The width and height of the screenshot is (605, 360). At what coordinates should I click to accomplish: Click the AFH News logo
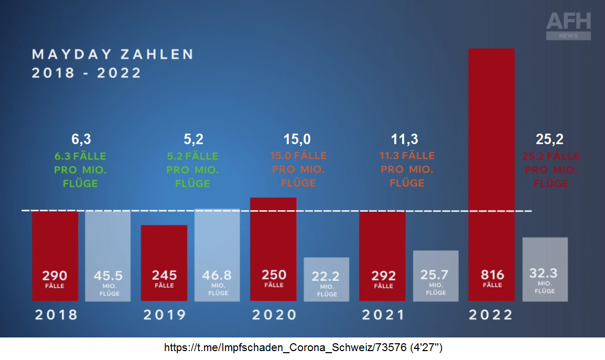(x=568, y=26)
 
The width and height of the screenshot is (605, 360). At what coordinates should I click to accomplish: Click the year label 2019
(x=164, y=315)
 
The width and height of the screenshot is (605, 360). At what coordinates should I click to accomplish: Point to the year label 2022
(x=491, y=315)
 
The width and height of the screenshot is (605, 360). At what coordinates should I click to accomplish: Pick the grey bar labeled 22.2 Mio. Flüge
(x=326, y=279)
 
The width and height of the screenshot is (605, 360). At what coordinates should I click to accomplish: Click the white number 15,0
(x=297, y=139)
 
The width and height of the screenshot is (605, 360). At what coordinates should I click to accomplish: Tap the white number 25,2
(x=549, y=139)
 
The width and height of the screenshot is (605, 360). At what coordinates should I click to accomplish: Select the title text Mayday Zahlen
(x=113, y=54)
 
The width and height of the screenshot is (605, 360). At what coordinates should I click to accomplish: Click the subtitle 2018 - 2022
(x=87, y=73)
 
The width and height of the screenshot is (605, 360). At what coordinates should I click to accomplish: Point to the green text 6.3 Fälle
(x=80, y=156)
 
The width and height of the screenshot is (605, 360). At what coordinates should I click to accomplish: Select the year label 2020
(x=274, y=315)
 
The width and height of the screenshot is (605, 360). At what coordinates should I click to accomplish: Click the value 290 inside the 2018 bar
(x=55, y=275)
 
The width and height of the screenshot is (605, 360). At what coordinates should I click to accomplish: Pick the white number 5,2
(x=192, y=139)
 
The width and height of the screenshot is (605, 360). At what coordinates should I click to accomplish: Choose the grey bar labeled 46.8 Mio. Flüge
(x=217, y=255)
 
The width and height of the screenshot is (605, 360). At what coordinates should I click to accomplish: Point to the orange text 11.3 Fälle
(x=407, y=156)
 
